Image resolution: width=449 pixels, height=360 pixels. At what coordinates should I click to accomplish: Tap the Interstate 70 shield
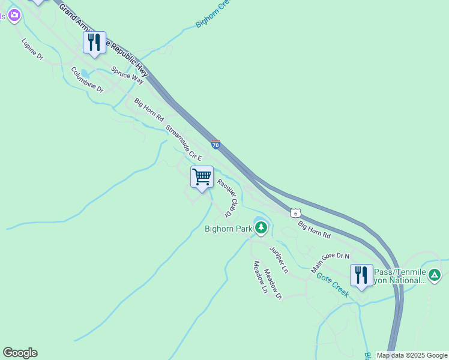pos(216,144)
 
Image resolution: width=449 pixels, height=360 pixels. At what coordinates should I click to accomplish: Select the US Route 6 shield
pos(295,213)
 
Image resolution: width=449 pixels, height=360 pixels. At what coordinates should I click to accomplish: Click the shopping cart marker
pos(202,178)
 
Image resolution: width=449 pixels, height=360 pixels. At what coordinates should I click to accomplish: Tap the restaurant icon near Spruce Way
pos(94,43)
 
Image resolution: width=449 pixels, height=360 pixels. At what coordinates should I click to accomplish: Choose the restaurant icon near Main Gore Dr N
pos(361,275)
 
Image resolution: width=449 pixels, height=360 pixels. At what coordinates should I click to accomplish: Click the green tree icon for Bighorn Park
pos(261,228)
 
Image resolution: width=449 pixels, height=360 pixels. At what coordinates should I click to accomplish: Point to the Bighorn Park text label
pos(228,229)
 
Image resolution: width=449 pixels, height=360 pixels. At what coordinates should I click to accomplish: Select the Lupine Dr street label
pos(32,50)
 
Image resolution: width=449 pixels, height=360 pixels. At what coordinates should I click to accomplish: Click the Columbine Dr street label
pos(87,80)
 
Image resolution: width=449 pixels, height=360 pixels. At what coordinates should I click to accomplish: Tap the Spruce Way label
pos(127,74)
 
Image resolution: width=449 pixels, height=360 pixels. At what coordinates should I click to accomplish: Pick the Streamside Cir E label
pos(185,142)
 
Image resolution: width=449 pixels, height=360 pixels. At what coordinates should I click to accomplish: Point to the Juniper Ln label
pos(279,260)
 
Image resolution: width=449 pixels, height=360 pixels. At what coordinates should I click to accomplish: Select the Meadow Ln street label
pos(260,277)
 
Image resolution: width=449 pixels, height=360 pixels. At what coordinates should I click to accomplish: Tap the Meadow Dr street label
pos(273,283)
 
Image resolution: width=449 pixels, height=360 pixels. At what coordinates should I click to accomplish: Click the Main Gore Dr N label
pos(330,263)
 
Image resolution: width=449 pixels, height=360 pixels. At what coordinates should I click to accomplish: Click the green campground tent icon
pos(435,275)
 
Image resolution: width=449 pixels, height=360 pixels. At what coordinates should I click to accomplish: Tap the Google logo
pos(20,353)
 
